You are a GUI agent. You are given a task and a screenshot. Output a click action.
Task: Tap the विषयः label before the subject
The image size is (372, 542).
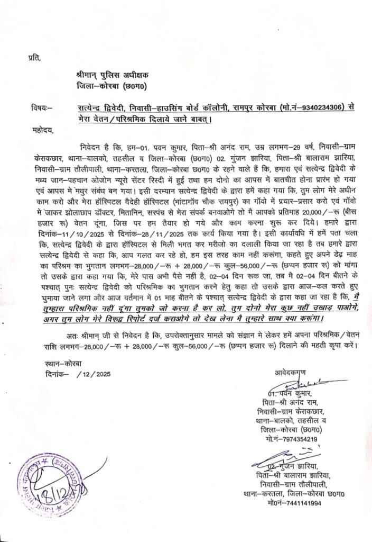pyautogui.click(x=42, y=108)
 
